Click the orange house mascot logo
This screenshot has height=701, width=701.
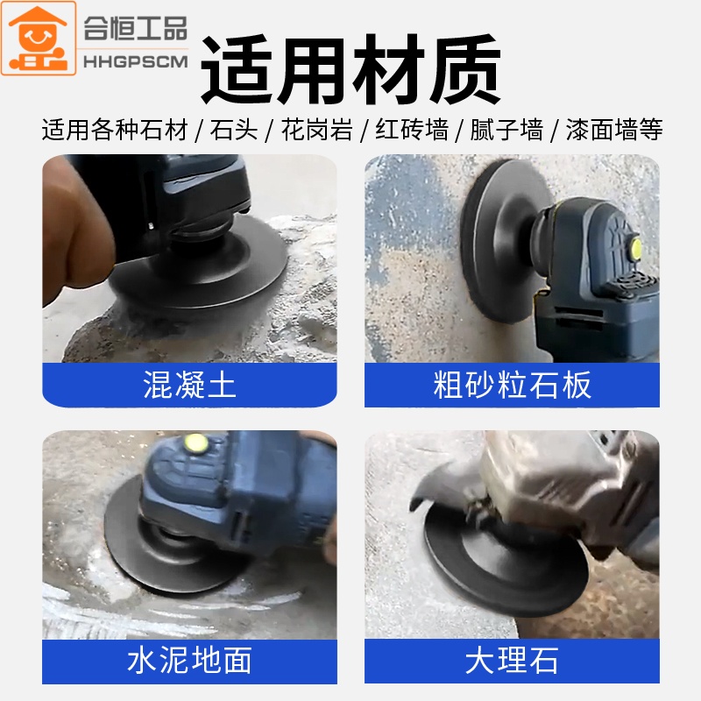[39, 38]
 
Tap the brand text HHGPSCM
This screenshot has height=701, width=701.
[136, 61]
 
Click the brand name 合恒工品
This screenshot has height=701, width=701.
[136, 29]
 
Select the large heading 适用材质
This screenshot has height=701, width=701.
[351, 69]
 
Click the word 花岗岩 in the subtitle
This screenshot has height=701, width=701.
[317, 130]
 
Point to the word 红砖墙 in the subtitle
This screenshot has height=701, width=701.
[412, 130]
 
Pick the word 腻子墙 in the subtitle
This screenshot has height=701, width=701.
[506, 130]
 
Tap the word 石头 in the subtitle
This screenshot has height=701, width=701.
[234, 130]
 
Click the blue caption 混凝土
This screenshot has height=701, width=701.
[189, 385]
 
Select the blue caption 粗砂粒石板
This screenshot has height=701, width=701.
[513, 385]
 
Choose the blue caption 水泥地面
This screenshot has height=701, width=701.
[189, 661]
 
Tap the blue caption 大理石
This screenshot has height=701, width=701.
[513, 661]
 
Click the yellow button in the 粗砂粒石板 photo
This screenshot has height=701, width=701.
[634, 247]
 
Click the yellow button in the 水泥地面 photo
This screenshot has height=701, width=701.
[195, 443]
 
